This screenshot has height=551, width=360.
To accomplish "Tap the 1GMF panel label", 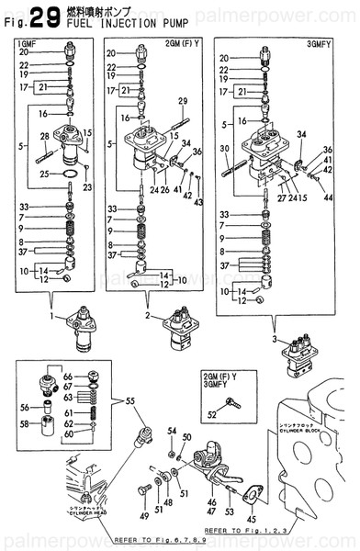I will pos(21,43).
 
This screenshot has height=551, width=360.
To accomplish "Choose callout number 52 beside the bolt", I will pos(213,415).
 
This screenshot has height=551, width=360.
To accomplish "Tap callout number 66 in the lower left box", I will pos(67,377).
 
